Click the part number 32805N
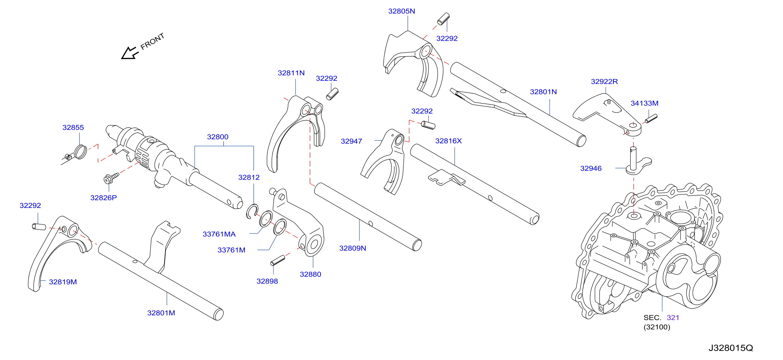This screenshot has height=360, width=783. [401, 11]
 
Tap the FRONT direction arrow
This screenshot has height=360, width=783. [130, 53]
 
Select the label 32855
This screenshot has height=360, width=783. [73, 127]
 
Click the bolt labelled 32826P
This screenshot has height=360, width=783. [111, 178]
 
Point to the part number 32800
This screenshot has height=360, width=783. [218, 137]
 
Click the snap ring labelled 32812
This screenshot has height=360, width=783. [252, 211]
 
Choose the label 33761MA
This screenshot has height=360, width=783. [219, 234]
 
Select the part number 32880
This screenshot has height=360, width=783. [310, 274]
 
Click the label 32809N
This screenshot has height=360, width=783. [353, 248]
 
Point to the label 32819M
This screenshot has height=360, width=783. [63, 282]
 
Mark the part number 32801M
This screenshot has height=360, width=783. [161, 313]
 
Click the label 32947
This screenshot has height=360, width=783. [351, 141]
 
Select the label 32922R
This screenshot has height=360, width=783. [604, 82]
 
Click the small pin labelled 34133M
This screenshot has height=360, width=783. [651, 118]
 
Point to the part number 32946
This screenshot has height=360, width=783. [591, 168]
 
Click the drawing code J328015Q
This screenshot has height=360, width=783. [731, 348]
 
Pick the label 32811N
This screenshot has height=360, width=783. [291, 73]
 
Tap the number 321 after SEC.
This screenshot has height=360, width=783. [673, 318]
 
